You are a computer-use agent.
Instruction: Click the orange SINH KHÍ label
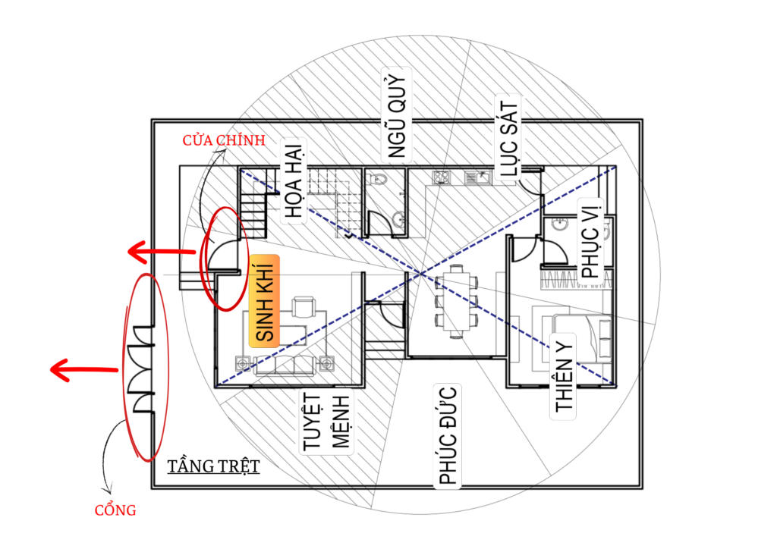coord(264,302)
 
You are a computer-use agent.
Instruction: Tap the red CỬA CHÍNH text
coord(224,140)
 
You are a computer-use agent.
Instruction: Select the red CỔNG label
coord(115,510)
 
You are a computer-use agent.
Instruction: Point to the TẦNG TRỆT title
coord(213,466)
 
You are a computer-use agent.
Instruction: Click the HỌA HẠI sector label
coord(294,181)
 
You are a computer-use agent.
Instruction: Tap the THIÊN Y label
coord(564,377)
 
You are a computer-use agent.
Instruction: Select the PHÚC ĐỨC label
coord(448,435)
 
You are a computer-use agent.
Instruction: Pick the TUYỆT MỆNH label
coord(327,422)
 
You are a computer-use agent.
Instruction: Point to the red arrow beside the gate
coord(84,369)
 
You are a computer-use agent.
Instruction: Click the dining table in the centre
coord(456,302)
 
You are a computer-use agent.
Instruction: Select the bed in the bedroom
coord(582,337)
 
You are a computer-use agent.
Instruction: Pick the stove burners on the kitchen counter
coord(441,177)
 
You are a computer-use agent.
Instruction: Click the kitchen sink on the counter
coord(477,177)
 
